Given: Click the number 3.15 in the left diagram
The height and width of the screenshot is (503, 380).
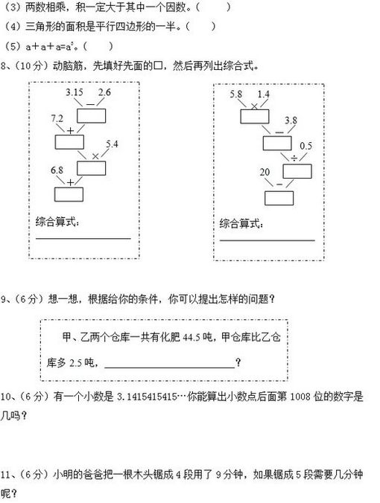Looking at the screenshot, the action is click(75, 92).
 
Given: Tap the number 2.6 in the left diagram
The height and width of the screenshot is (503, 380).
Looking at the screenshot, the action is click(104, 92).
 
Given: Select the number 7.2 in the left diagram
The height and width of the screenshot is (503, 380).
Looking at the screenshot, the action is click(57, 118).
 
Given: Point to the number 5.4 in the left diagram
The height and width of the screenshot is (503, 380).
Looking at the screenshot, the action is click(112, 144).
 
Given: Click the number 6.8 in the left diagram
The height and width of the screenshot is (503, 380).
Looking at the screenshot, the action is click(57, 170).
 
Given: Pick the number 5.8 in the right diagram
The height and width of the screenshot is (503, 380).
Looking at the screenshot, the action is click(235, 94).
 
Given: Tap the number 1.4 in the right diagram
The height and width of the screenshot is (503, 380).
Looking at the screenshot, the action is click(264, 94).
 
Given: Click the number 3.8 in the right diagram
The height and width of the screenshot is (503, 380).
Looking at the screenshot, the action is click(291, 121).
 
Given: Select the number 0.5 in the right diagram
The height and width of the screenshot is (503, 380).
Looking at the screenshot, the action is click(305, 146).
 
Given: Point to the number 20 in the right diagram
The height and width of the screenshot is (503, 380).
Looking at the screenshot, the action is click(265, 173).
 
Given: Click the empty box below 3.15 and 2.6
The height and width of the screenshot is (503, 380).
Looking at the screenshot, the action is click(91, 116).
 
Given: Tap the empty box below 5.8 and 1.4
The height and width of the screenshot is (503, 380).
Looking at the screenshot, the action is click(255, 117).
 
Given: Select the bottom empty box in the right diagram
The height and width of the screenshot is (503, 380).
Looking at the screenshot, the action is click(279, 198).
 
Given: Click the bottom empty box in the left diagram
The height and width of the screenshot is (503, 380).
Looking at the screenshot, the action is click(69, 194).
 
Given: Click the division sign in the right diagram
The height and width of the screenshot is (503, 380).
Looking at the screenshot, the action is click(294, 158).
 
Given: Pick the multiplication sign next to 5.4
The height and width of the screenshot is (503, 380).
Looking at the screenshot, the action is click(95, 156).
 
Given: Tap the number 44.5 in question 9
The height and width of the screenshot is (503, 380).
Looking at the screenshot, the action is click(192, 338).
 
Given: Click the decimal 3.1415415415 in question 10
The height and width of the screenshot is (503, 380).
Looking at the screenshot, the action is click(147, 397).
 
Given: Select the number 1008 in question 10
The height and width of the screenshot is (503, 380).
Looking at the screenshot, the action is click(300, 397).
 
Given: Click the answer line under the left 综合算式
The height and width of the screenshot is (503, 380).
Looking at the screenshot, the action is click(83, 239).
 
